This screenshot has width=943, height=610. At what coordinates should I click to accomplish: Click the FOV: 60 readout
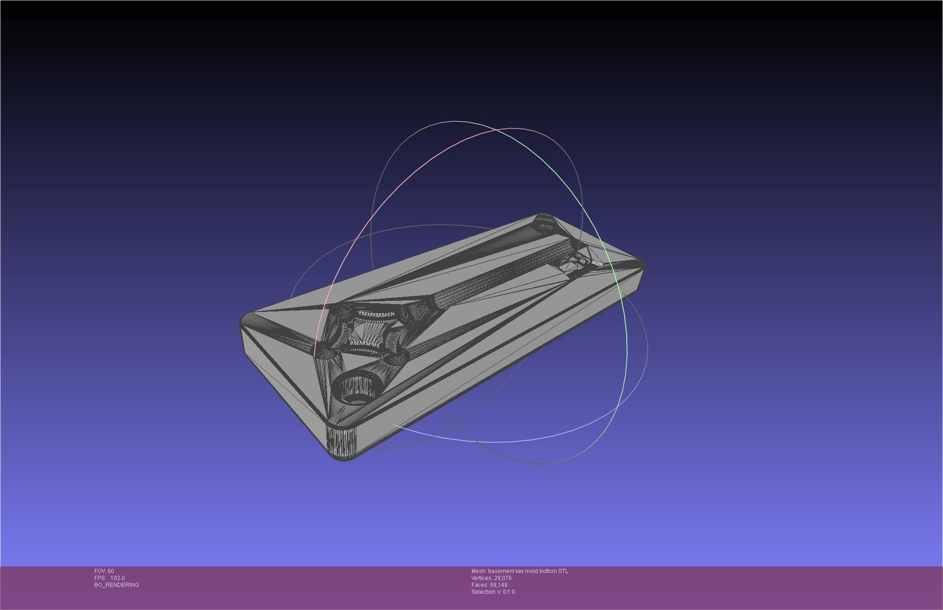point(104,571)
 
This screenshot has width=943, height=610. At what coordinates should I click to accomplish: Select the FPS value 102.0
point(117,578)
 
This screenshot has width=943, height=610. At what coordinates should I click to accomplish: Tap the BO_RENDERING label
point(116,585)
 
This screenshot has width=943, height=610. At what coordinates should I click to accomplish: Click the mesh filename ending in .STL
point(528,571)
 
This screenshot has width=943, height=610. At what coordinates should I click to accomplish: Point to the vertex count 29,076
point(503,578)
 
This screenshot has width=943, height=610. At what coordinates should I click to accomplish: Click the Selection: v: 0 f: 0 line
point(493,592)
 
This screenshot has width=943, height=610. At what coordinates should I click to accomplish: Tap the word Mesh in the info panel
point(478,571)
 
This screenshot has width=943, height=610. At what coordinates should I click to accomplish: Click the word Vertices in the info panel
point(482,578)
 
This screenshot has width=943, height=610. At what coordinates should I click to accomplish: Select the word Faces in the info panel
point(479,585)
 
